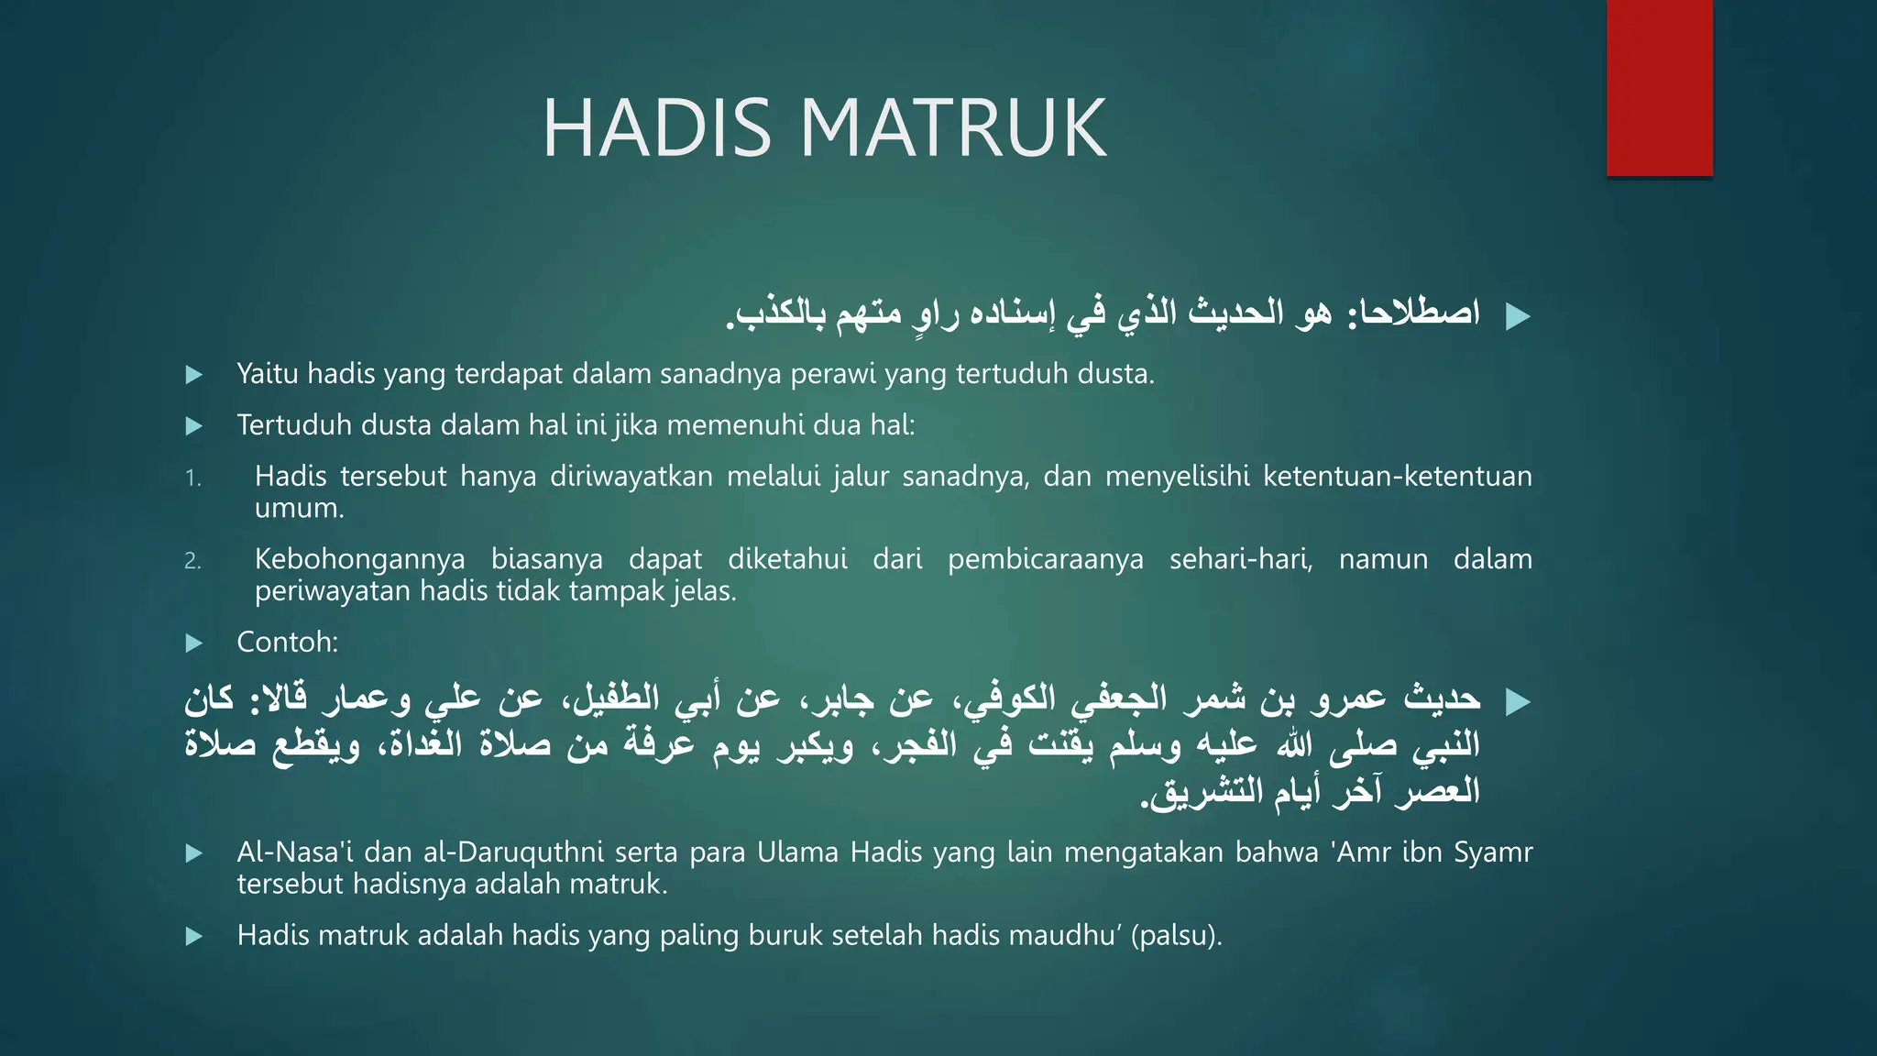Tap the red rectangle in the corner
1659,88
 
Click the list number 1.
192,478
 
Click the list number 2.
192,561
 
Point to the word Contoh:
288,643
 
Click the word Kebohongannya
359,559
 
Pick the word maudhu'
1065,936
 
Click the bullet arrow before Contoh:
193,643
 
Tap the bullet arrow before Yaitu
193,375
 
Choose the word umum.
299,509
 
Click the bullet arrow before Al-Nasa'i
193,854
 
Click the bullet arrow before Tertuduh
193,426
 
